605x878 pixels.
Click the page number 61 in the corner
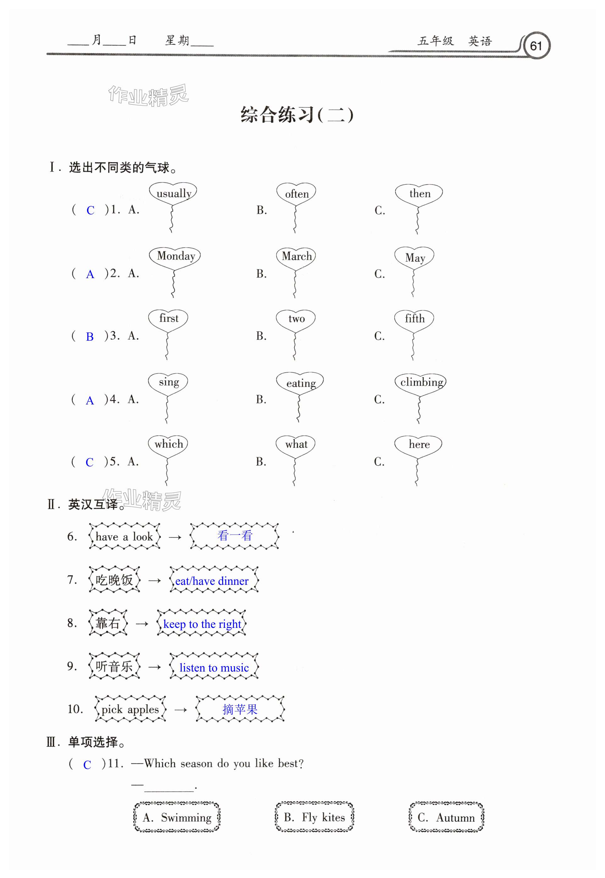[536, 46]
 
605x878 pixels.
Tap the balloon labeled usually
[173, 194]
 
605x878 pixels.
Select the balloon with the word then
[419, 194]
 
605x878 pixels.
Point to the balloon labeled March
[296, 257]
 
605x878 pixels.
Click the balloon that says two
[296, 319]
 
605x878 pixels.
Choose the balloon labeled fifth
[414, 319]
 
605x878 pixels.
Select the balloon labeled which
[168, 444]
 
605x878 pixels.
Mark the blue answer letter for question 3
[90, 337]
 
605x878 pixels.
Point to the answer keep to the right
[202, 624]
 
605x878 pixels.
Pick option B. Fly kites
[314, 817]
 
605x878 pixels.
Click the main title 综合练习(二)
[297, 115]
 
